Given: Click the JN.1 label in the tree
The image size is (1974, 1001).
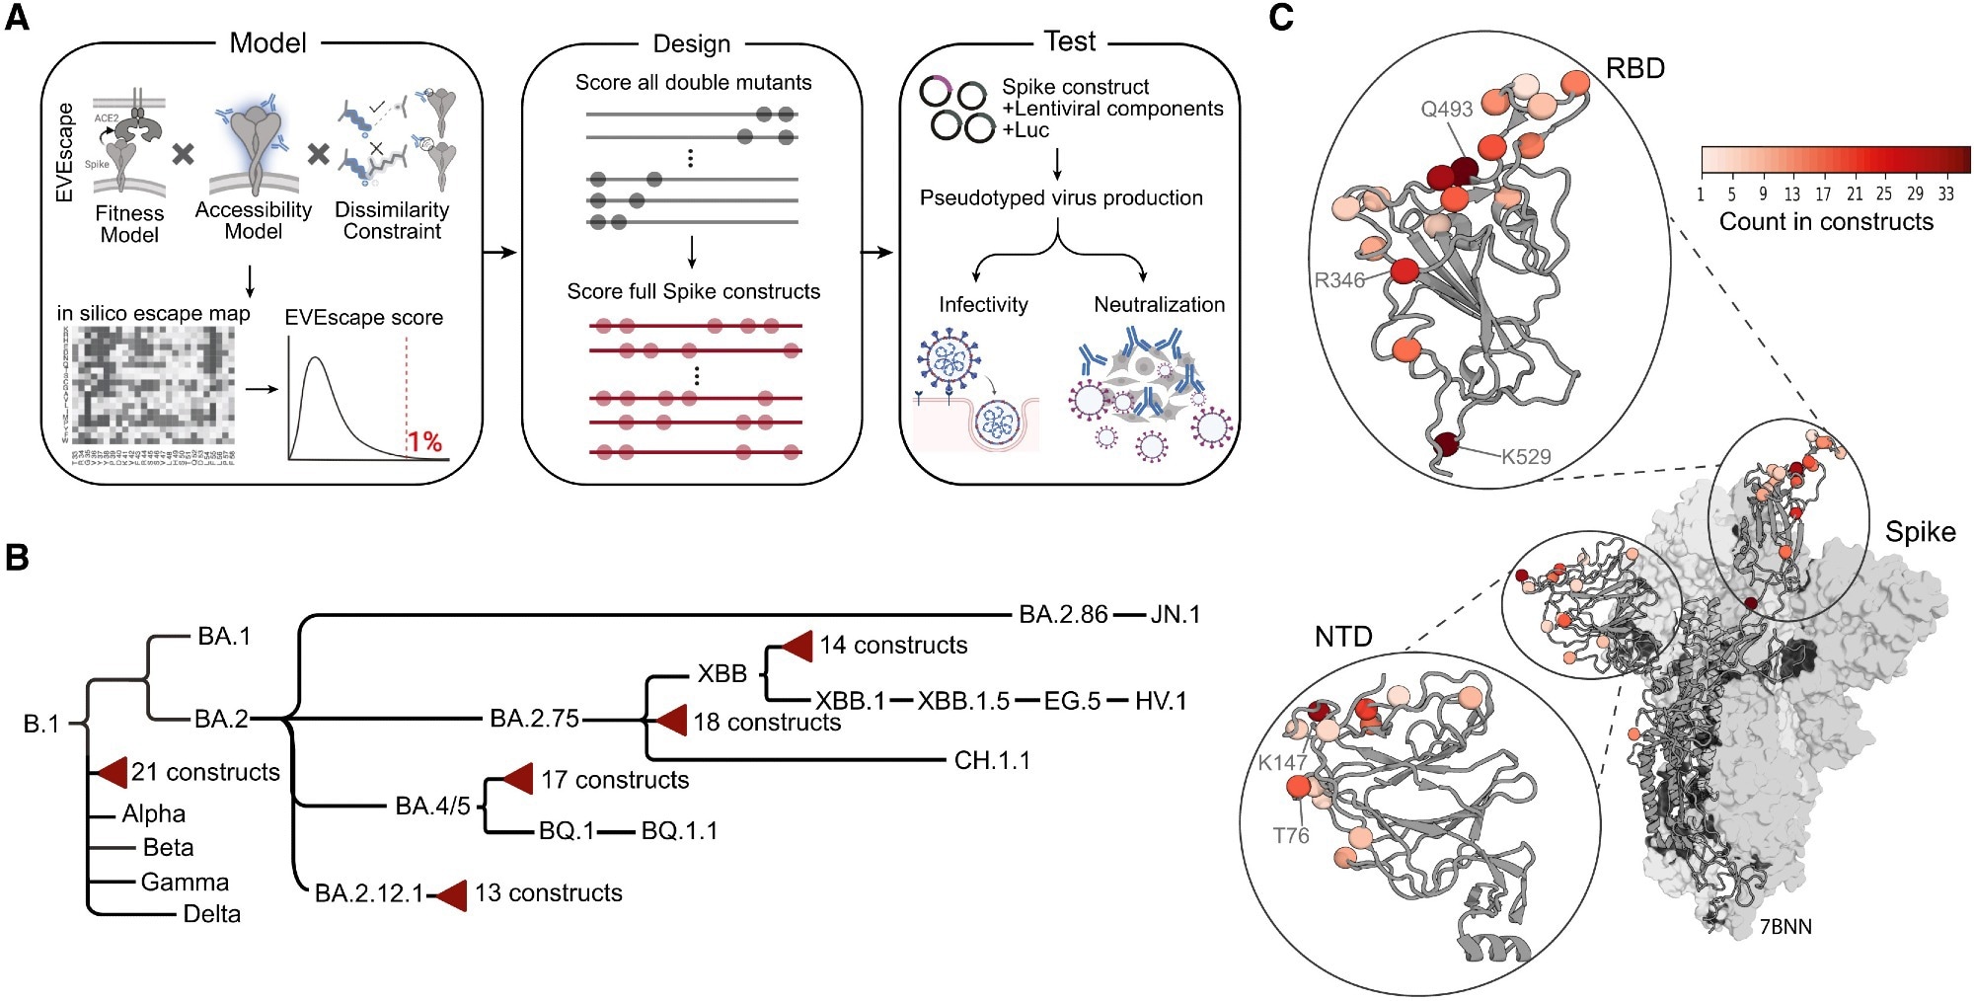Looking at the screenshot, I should click(1175, 615).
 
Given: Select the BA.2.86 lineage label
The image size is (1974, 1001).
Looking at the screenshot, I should click(1063, 615).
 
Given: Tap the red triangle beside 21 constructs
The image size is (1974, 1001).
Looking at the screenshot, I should click(111, 772).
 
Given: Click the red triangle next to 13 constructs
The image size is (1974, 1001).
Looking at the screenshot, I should click(452, 894).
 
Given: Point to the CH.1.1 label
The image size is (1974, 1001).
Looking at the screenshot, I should click(991, 761).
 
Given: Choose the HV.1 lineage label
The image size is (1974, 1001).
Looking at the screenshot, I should click(1160, 701).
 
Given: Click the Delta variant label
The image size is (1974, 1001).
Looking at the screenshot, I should click(211, 914).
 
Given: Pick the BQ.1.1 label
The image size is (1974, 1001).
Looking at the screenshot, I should click(679, 831).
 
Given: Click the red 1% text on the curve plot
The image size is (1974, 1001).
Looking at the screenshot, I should click(424, 441).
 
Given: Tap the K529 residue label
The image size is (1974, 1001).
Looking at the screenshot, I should click(1526, 457).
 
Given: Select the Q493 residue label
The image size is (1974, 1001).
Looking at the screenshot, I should click(1446, 110).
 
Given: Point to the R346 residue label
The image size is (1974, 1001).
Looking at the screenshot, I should click(1338, 280).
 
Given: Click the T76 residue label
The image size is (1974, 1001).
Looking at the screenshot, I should click(1290, 836).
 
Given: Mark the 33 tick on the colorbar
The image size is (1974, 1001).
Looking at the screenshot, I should click(1945, 194).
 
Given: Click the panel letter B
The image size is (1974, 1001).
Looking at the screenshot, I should click(17, 559).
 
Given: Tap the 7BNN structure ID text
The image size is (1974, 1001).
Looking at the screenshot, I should click(1785, 927).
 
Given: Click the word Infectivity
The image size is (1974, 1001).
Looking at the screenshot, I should click(983, 305).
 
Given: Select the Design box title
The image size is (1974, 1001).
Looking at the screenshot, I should click(692, 44).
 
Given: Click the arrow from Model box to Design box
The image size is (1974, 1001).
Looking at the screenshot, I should click(500, 254).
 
